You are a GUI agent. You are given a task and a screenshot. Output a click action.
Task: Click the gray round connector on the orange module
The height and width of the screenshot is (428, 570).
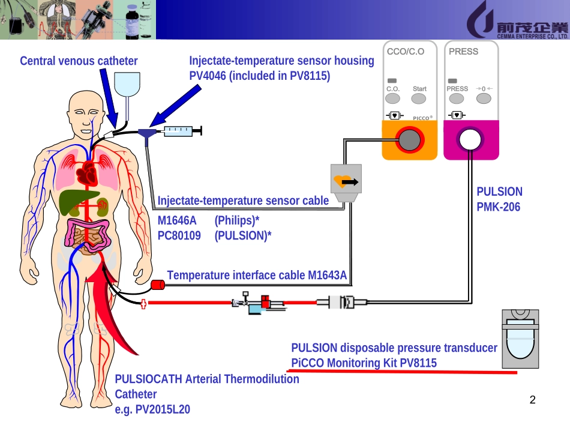pos(410,140)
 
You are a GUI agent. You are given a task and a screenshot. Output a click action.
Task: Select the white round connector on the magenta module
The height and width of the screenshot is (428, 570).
pos(471,140)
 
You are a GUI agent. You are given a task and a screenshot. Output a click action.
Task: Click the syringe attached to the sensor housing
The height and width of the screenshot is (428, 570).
pos(181,130)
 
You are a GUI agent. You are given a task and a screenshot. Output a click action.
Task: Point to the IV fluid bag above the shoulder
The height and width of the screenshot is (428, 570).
pos(127,83)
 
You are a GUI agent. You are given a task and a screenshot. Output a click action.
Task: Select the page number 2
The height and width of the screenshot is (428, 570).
pos(532,401)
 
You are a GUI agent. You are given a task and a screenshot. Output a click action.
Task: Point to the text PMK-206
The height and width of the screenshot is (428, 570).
pos(499,207)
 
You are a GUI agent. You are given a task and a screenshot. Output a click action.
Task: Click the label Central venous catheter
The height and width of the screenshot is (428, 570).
pos(79,61)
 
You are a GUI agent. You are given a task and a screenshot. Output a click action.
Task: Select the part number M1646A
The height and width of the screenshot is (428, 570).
pos(177,221)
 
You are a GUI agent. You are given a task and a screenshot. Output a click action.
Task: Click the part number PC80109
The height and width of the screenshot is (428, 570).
pos(179,236)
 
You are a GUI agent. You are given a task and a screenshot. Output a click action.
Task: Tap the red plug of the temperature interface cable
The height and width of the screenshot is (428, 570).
pos(158,285)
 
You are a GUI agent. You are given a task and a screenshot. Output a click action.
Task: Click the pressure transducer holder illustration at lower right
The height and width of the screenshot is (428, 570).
pos(520,339)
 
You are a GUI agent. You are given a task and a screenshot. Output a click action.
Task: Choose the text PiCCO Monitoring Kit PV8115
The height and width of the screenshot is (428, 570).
pos(364,363)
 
